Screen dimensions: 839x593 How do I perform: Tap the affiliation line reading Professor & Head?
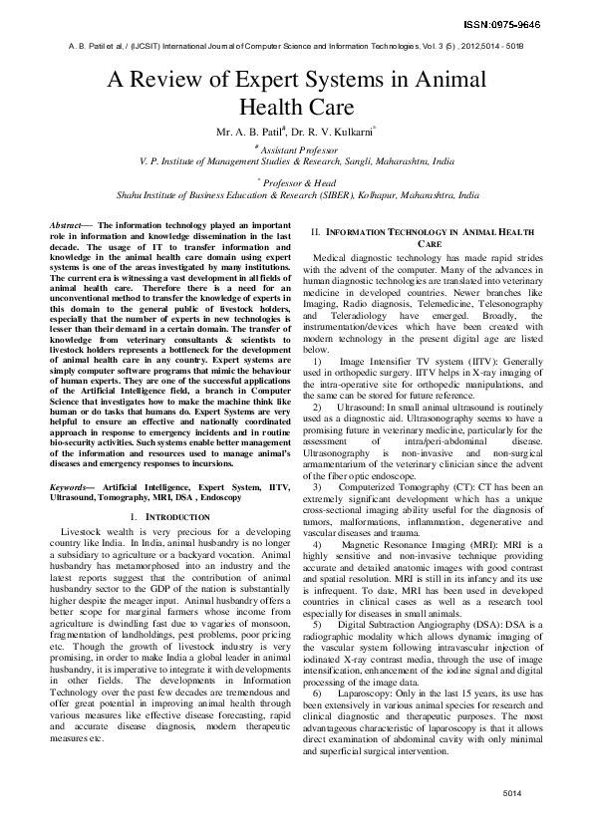coord(299,182)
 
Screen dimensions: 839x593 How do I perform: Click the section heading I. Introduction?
coord(169,518)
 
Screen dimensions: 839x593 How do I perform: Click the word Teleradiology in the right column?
coord(357,313)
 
